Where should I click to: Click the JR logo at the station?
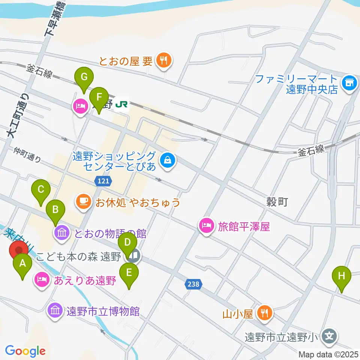pos(121,104)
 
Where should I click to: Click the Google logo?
pos(25,351)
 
